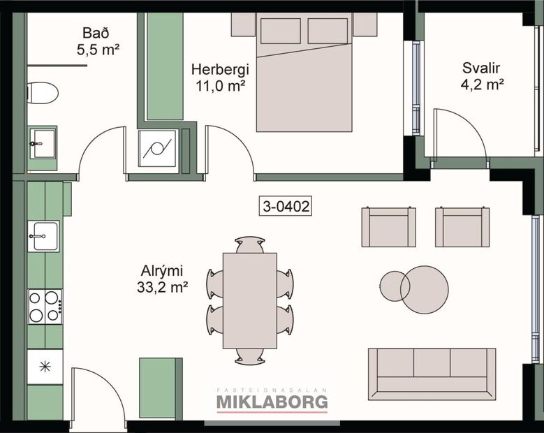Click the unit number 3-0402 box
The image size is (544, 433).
click(x=285, y=206)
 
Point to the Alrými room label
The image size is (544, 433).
click(x=161, y=270)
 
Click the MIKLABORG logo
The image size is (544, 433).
click(x=272, y=402)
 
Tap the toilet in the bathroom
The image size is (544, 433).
click(x=43, y=92)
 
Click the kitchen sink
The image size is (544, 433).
click(x=43, y=236)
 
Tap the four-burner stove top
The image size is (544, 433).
click(x=44, y=307)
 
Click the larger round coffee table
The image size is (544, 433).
click(x=425, y=289)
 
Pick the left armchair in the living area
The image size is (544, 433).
click(x=388, y=227)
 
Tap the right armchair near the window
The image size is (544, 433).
click(x=462, y=227)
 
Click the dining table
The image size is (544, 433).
click(x=249, y=300)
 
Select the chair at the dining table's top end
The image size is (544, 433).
click(x=249, y=244)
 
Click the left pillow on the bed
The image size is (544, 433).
click(x=280, y=31)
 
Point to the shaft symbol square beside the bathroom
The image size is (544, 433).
click(x=157, y=148)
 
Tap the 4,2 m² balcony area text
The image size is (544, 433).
click(x=482, y=85)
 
